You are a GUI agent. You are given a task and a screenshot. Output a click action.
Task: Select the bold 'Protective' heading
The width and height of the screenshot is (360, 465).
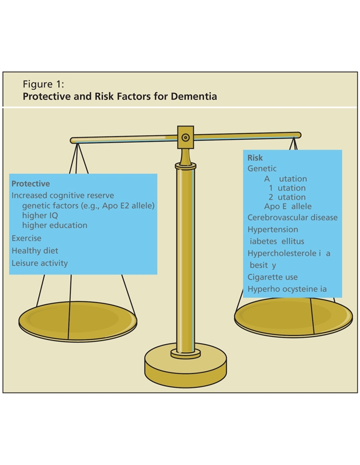point(31,184)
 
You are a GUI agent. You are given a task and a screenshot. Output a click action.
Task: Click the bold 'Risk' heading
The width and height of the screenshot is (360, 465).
point(255,158)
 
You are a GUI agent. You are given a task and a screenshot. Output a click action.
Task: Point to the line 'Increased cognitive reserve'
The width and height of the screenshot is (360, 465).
point(63,196)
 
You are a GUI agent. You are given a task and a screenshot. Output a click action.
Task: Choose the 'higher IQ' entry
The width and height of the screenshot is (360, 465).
point(40,216)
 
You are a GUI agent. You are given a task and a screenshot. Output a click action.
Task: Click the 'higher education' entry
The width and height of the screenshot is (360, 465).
point(55,226)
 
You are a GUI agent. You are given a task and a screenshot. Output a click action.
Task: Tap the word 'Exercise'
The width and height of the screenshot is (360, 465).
point(26,238)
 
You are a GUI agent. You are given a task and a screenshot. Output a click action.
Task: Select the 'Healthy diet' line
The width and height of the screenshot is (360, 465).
point(35,251)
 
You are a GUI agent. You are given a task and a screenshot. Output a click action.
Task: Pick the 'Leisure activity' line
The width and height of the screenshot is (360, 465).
point(40,264)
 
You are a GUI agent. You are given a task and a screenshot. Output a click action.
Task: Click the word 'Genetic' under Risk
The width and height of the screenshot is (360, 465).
point(262,169)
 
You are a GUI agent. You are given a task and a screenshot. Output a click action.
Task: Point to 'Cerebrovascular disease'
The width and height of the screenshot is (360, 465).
point(293,218)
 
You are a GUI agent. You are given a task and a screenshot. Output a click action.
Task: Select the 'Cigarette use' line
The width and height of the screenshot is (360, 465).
point(272,277)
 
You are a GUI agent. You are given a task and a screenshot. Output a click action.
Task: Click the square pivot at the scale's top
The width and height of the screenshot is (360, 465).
point(185,138)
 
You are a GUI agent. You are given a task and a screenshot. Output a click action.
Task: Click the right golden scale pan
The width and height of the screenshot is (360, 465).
point(293,317)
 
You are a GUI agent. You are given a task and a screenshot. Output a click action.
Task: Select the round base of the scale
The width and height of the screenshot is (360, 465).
point(185,365)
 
